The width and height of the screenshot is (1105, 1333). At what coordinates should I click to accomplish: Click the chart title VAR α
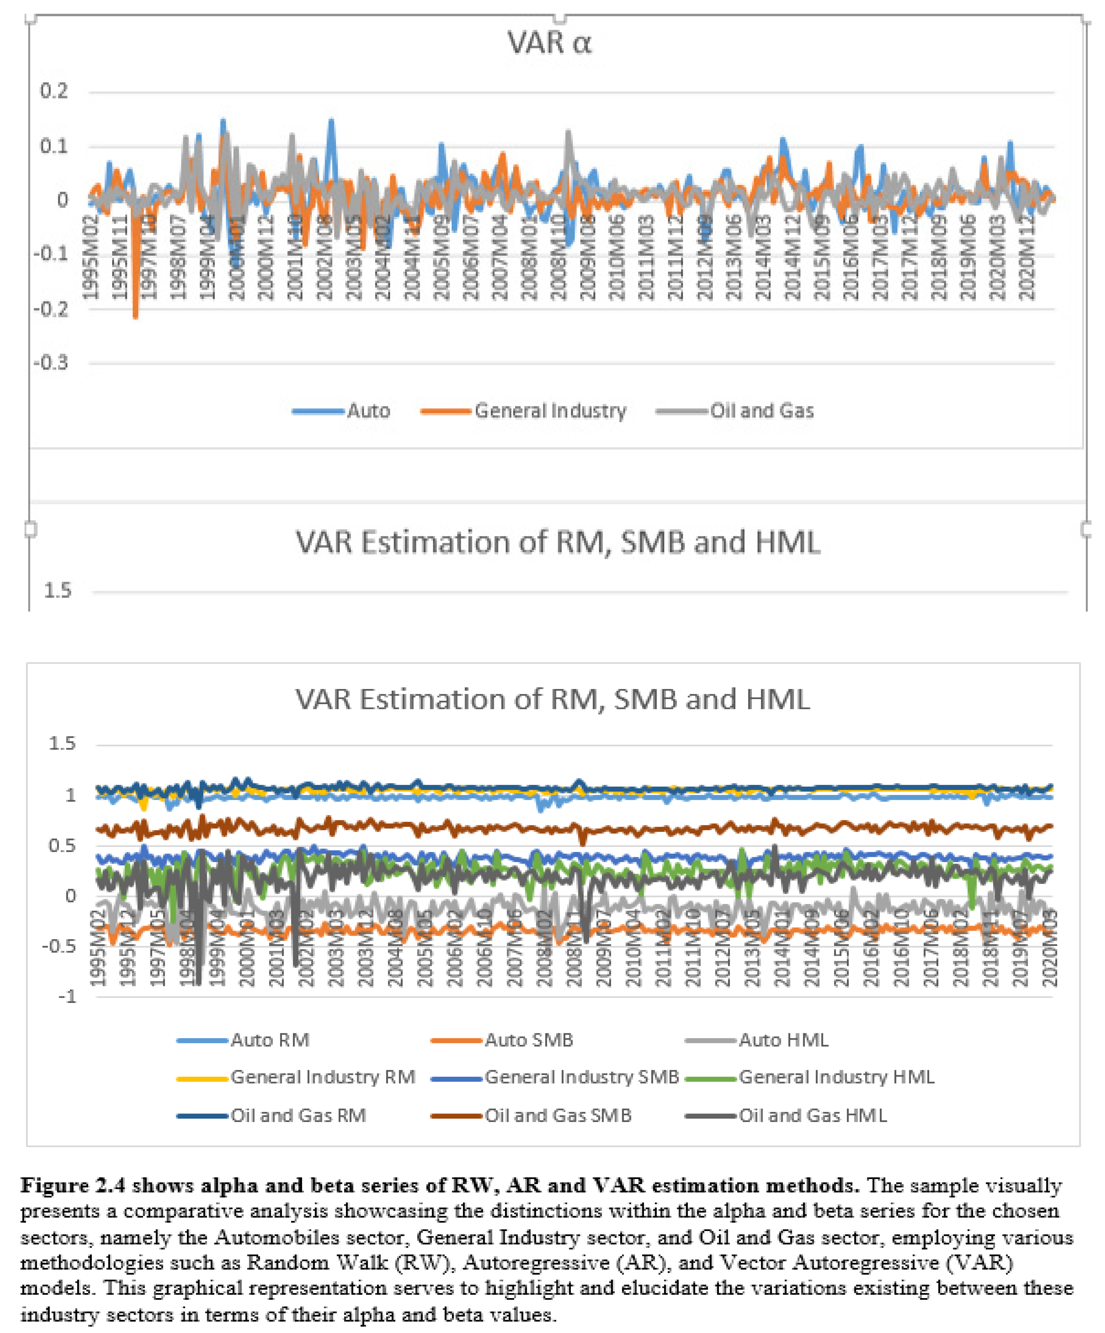pyautogui.click(x=549, y=43)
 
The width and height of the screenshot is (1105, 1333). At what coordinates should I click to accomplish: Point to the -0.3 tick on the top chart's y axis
pyautogui.click(x=51, y=363)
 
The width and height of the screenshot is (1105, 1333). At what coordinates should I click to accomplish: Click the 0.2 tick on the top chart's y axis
pyautogui.click(x=54, y=91)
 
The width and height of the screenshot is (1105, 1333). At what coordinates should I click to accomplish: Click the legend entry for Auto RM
pyautogui.click(x=269, y=1040)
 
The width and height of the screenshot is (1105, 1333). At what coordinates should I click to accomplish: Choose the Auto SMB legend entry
pyautogui.click(x=528, y=1040)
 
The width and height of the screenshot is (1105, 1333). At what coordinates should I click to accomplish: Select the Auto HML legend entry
pyautogui.click(x=783, y=1040)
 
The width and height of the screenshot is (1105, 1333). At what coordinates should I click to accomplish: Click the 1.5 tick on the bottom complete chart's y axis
pyautogui.click(x=62, y=743)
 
